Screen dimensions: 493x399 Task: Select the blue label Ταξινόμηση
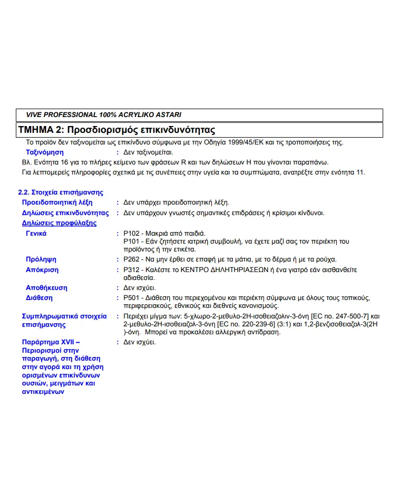45,152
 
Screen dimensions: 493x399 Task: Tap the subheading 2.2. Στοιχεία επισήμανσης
61,192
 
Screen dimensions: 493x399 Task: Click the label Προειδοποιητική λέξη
57,202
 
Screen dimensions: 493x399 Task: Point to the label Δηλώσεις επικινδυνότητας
65,213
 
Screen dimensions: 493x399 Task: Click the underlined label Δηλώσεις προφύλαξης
59,223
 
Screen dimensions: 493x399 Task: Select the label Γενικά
36,234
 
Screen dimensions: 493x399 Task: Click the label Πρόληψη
41,259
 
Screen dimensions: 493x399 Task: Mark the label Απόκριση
42,270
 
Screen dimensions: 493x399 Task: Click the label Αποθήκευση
46,288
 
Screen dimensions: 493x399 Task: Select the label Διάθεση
40,298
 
